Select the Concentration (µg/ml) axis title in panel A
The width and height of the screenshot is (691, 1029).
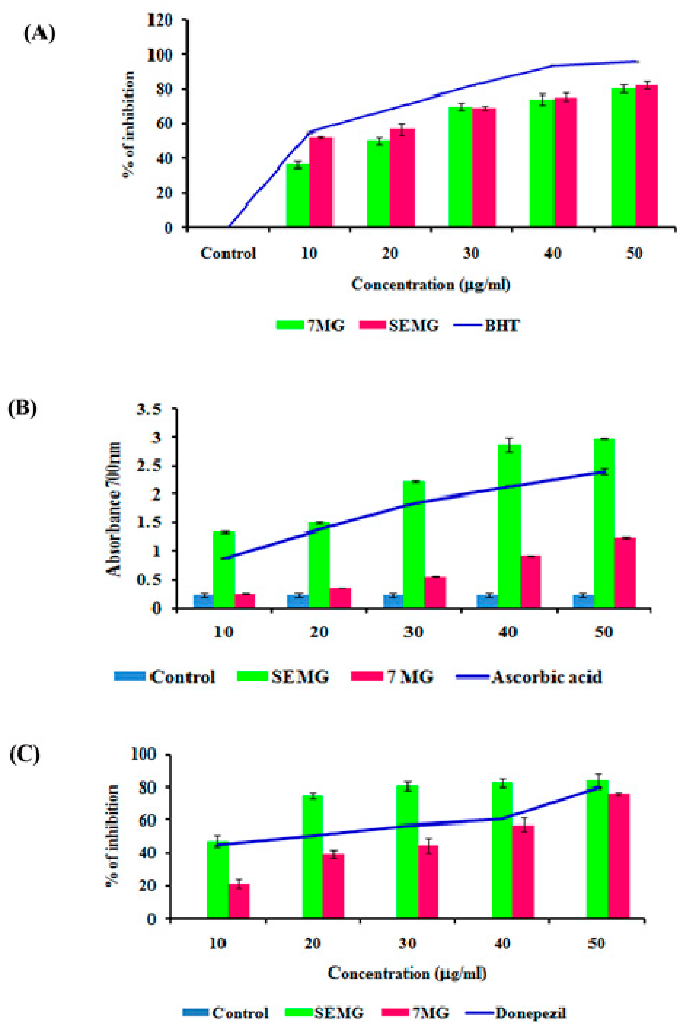click(x=431, y=284)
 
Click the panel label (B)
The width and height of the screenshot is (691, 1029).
click(x=22, y=408)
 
